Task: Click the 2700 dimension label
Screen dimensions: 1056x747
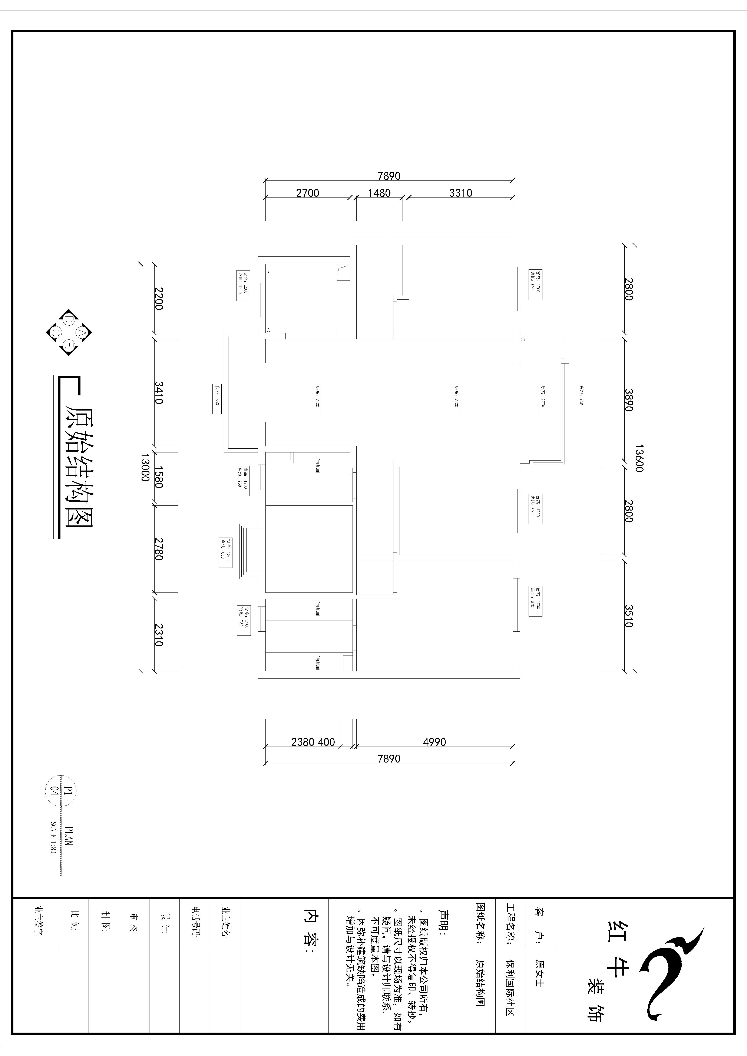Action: [307, 193]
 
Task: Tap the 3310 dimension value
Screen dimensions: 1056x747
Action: [460, 193]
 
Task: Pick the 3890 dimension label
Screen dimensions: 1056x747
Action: [629, 400]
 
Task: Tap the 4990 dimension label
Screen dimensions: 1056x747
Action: [434, 742]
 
